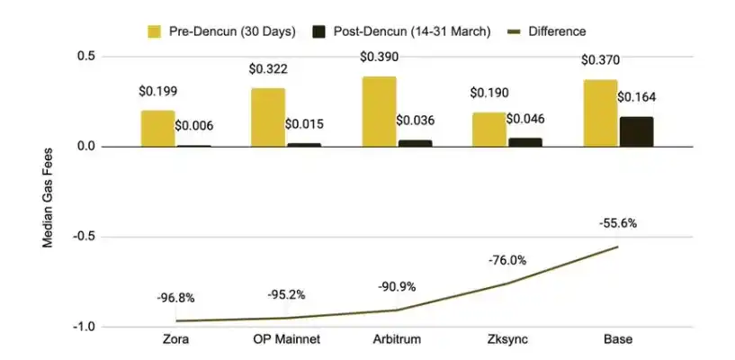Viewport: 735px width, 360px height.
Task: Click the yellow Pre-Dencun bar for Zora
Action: point(157,129)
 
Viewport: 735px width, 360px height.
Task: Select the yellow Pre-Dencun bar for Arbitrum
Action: point(379,112)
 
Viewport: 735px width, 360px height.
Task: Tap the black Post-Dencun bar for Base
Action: point(636,131)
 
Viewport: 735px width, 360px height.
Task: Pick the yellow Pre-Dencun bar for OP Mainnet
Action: point(268,117)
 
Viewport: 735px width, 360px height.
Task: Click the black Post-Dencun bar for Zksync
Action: point(525,142)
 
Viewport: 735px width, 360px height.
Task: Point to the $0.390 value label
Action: point(379,58)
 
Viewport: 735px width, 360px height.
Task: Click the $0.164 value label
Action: point(636,96)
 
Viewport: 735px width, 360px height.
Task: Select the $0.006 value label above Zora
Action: point(193,126)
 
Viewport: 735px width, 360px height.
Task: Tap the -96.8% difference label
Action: point(175,298)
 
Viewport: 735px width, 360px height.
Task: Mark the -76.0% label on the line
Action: point(507,261)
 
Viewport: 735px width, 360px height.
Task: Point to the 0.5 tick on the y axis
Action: point(86,57)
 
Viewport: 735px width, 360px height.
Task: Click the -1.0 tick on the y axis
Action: point(85,327)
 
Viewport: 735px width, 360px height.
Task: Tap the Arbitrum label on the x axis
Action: point(397,340)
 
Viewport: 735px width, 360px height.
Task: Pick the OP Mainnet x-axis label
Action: point(286,340)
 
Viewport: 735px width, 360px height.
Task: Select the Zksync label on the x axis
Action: point(507,340)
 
